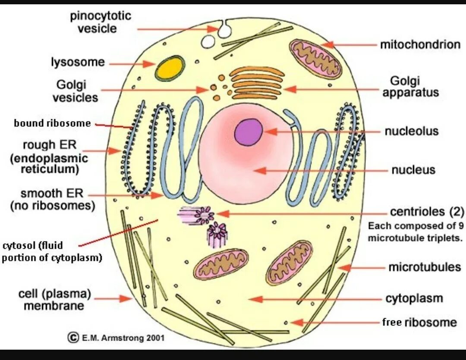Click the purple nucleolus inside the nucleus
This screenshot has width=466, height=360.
tap(249, 132)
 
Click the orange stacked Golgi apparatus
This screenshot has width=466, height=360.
tap(256, 83)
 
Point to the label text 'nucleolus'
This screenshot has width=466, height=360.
tap(411, 131)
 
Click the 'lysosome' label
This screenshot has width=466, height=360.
tap(78, 62)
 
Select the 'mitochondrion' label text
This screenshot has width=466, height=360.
tap(420, 44)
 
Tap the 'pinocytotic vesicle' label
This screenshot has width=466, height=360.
tap(101, 22)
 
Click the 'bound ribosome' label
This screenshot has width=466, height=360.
tap(52, 123)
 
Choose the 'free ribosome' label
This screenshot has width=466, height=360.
tap(419, 322)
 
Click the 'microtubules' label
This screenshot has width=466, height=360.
tap(425, 267)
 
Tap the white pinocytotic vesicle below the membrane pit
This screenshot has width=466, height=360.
tap(208, 41)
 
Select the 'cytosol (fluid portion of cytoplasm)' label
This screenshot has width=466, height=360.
tap(52, 252)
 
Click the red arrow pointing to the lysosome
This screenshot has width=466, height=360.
tap(131, 63)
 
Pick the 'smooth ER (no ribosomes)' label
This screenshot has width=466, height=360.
tap(53, 199)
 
